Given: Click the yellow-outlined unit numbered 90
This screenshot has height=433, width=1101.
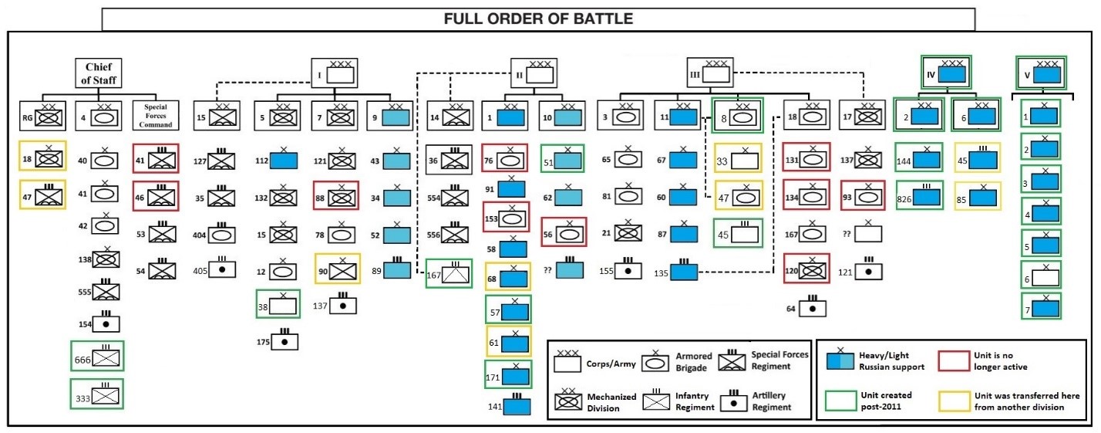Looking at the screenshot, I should click(336, 268).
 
